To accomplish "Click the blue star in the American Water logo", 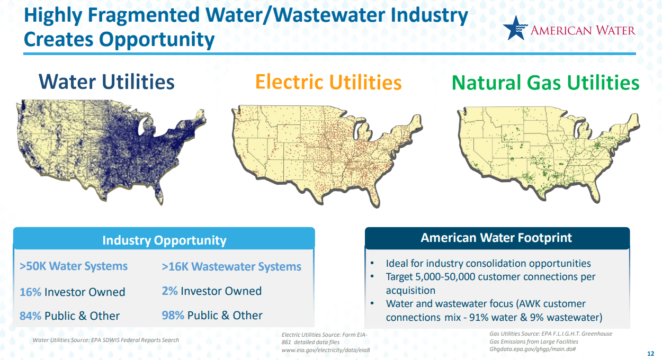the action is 515,28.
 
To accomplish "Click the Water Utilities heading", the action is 106,82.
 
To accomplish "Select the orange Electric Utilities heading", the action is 328,82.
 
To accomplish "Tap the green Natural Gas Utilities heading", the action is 545,83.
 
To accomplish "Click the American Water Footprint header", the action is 497,238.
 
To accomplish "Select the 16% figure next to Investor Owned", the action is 30,292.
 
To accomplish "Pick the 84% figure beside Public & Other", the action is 30,316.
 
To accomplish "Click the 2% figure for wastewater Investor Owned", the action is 169,291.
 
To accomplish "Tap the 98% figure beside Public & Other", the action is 173,316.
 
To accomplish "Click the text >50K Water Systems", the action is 74,266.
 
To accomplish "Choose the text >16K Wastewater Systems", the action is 231,266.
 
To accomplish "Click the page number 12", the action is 650,354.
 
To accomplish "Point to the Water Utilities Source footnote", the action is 106,340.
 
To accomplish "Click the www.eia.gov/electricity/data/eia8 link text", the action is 326,350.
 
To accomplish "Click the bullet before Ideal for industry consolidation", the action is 372,263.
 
